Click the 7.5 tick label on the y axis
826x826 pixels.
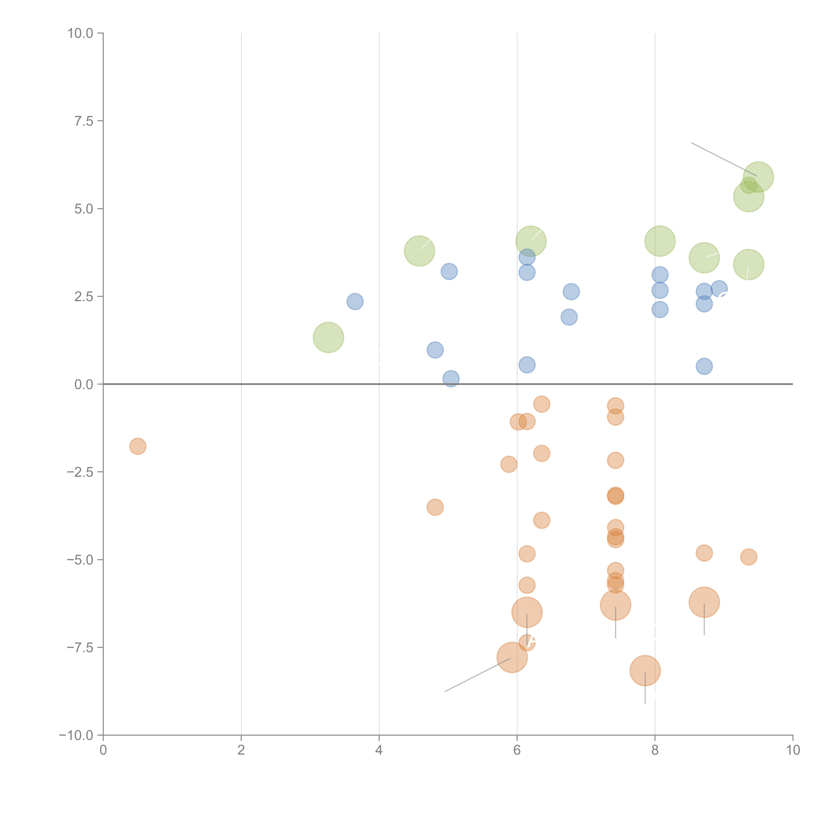83,121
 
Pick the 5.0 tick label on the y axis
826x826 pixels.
83,209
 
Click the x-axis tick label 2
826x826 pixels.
241,750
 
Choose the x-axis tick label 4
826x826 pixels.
379,750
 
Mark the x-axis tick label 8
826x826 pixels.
655,750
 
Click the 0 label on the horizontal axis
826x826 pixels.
103,750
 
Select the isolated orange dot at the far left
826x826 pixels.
138,446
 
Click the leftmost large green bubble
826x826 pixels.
328,337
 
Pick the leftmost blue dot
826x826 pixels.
355,301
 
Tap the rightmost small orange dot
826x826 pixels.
748,557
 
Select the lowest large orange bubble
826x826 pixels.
645,670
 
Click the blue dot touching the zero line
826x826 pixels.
451,378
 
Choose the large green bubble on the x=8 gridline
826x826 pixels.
660,241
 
